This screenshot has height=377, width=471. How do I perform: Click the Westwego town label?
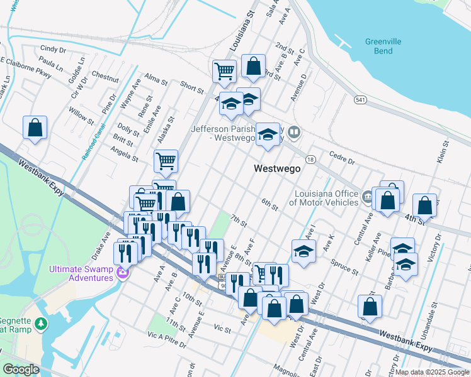[276, 168]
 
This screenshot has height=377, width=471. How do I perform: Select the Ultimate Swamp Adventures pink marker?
[123, 275]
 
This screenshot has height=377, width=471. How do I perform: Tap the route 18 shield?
[310, 161]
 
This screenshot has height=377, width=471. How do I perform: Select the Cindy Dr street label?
[53, 48]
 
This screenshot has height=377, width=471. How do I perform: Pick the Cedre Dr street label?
[343, 156]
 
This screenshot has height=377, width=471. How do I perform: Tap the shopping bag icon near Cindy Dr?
[36, 128]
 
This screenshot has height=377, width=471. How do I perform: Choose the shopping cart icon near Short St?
[224, 72]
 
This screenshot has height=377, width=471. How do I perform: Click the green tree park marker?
[41, 324]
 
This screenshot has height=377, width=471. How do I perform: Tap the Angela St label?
[124, 155]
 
